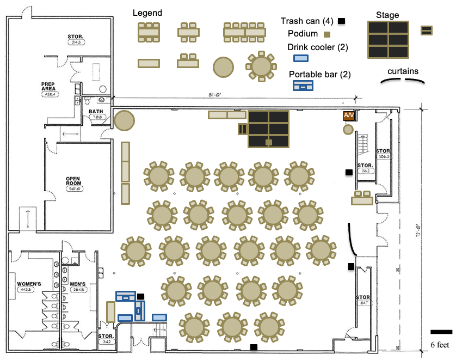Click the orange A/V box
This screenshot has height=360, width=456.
coord(349,116)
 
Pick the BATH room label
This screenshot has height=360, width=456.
coord(96,112)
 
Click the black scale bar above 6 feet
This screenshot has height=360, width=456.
coord(441,332)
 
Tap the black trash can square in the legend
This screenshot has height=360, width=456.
coord(342,21)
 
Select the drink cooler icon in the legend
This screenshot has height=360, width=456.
coord(300,58)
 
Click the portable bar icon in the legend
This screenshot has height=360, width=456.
coord(303,85)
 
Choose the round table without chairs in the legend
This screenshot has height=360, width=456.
coord(223,66)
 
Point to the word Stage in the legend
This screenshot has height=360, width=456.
coord(387,15)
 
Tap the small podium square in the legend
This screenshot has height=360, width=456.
coord(326,34)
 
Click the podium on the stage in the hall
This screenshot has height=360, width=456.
coord(268,143)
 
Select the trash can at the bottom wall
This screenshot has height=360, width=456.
coord(254,347)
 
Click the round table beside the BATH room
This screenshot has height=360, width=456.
coord(124,120)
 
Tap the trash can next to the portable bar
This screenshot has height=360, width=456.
coord(141,297)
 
